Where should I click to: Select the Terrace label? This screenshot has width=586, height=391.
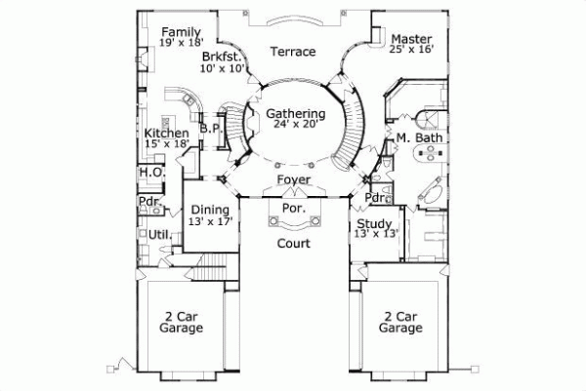(x=292, y=52)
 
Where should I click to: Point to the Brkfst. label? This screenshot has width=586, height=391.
(x=222, y=57)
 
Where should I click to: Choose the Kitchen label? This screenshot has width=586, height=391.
(x=166, y=133)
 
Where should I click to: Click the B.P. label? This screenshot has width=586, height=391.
(x=209, y=128)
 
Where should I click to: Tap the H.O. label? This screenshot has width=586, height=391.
(x=150, y=173)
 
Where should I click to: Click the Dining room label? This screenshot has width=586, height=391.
(x=210, y=210)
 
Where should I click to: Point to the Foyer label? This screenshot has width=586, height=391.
(x=293, y=180)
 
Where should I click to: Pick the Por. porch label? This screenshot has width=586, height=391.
(x=294, y=209)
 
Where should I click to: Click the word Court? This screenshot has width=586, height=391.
(x=292, y=243)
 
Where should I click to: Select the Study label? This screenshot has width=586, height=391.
(x=374, y=223)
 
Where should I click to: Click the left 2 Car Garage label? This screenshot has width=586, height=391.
(x=182, y=323)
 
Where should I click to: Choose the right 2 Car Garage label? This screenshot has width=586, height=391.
(x=402, y=323)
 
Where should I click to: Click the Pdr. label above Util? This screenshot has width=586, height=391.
(x=148, y=204)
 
